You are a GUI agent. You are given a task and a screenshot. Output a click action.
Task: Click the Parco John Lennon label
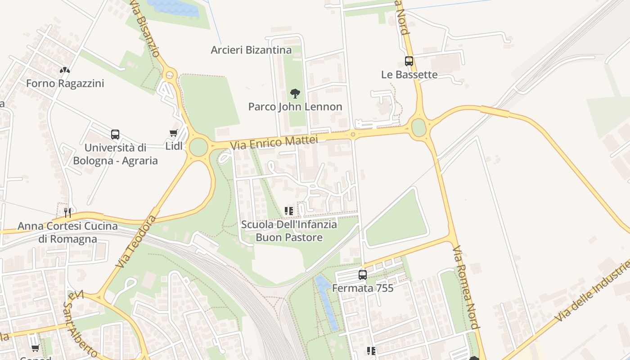pyautogui.click(x=295, y=107)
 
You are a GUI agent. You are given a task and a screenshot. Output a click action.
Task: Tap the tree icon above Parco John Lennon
pyautogui.click(x=295, y=94)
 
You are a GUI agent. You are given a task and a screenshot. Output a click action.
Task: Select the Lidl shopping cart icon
pyautogui.click(x=173, y=133)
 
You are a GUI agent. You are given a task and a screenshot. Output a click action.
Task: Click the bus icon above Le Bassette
pyautogui.click(x=409, y=61)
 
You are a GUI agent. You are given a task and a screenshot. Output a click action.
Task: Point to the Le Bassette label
pyautogui.click(x=409, y=75)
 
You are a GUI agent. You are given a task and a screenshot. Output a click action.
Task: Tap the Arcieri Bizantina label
pyautogui.click(x=251, y=50)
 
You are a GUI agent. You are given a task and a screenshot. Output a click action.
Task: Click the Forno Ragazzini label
pyautogui.click(x=65, y=83)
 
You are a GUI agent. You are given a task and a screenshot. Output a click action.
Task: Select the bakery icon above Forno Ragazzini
pyautogui.click(x=65, y=70)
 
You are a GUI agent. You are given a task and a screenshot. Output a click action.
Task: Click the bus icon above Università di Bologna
pyautogui.click(x=115, y=135)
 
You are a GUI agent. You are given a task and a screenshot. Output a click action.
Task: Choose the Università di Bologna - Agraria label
pyautogui.click(x=115, y=154)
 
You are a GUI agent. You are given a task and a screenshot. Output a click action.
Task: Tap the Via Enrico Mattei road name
pyautogui.click(x=274, y=143)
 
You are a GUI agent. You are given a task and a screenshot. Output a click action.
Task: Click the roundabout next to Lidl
pyautogui.click(x=198, y=147)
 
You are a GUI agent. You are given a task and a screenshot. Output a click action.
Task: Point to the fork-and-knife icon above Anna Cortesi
pyautogui.click(x=67, y=212)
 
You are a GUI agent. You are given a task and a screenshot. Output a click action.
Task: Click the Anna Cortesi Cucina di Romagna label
pyautogui.click(x=67, y=232)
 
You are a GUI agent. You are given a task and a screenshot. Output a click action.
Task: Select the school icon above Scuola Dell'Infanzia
pyautogui.click(x=289, y=211)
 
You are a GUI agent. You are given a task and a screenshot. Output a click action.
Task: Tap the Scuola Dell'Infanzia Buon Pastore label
pyautogui.click(x=289, y=230)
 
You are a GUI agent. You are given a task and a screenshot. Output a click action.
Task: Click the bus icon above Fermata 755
pyautogui.click(x=363, y=274)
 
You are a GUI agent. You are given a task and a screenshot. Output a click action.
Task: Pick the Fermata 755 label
pyautogui.click(x=363, y=288)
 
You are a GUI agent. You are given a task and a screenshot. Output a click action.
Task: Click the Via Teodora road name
pyautogui.click(x=136, y=242)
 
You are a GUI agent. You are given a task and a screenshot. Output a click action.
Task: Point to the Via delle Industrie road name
pyautogui.click(x=592, y=291)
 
